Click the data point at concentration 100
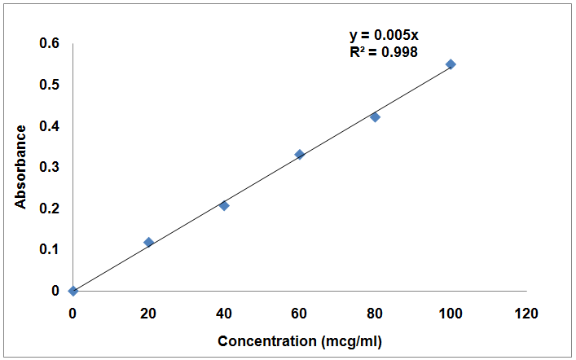click(451, 64)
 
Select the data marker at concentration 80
click(375, 117)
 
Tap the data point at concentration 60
click(299, 154)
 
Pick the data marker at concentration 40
click(224, 205)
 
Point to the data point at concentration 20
click(148, 242)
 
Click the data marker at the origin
click(73, 291)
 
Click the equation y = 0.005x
click(384, 35)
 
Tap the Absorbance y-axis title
click(21, 165)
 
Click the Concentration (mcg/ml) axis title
click(300, 340)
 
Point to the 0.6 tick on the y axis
click(50, 43)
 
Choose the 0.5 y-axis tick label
click(50, 85)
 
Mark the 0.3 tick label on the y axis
click(50, 167)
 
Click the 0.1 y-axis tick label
click(50, 249)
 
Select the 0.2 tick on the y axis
click(50, 209)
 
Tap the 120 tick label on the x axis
click(526, 314)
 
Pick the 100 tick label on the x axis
click(451, 314)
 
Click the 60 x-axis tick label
click(299, 314)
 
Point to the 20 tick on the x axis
click(148, 314)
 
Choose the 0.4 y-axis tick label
click(50, 126)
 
